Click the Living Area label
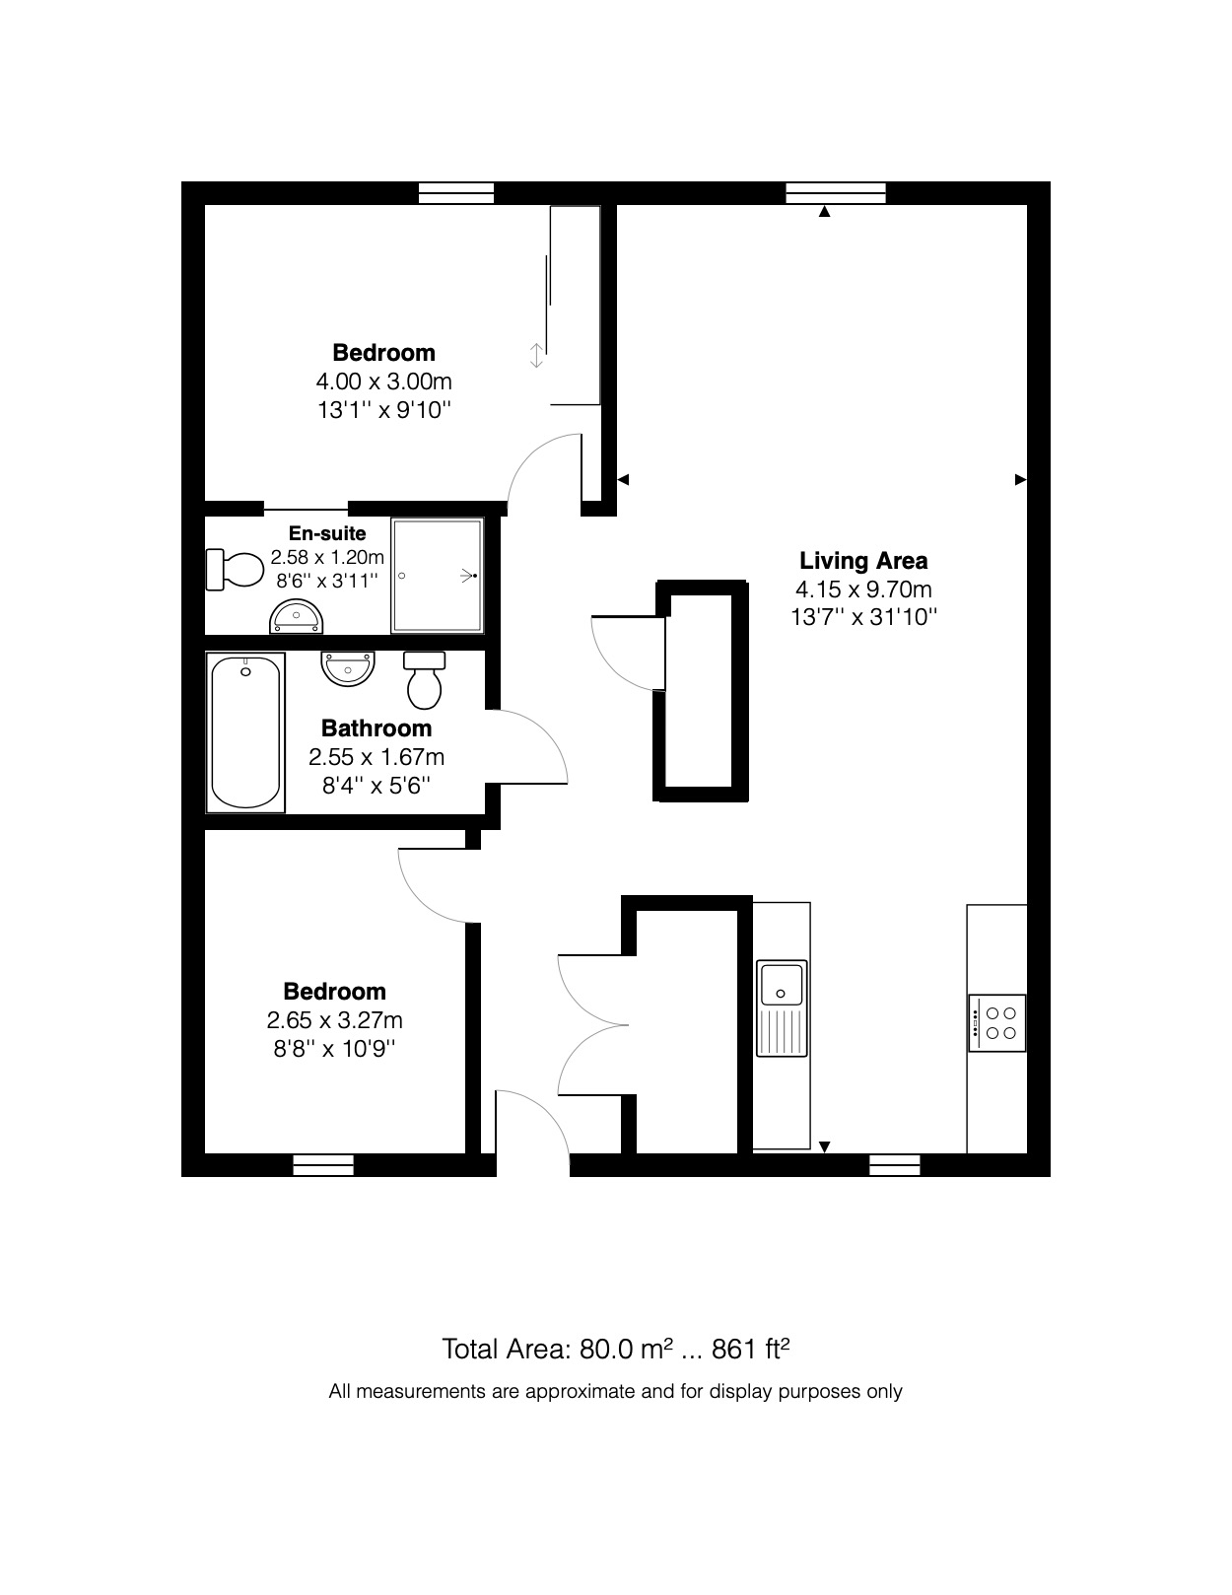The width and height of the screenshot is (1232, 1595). pyautogui.click(x=862, y=561)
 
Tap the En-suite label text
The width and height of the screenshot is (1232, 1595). pyautogui.click(x=327, y=533)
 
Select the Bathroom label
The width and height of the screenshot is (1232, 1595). pyautogui.click(x=376, y=728)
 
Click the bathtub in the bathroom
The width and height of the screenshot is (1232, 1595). pyautogui.click(x=245, y=731)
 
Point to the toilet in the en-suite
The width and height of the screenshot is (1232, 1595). pyautogui.click(x=235, y=570)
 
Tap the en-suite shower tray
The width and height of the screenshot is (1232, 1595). pyautogui.click(x=438, y=576)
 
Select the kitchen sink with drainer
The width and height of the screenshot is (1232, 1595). pyautogui.click(x=782, y=1006)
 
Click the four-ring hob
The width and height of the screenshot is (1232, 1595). pyautogui.click(x=997, y=1022)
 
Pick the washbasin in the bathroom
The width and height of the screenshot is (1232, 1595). pyautogui.click(x=347, y=667)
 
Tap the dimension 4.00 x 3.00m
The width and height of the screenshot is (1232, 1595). pyautogui.click(x=383, y=381)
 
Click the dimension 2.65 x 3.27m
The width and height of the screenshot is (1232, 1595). pyautogui.click(x=334, y=1020)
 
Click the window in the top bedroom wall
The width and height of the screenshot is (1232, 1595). pyautogui.click(x=455, y=192)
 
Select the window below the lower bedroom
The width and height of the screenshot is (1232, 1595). pyautogui.click(x=323, y=1165)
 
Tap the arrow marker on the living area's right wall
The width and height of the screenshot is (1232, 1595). pyautogui.click(x=1020, y=480)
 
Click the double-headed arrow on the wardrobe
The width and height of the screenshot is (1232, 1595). pyautogui.click(x=536, y=355)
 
